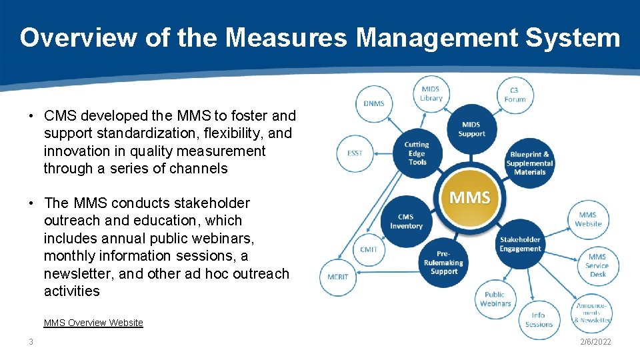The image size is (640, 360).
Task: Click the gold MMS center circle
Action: [470, 198]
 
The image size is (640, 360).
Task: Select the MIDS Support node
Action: [471, 129]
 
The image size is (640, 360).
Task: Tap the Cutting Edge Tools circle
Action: [417, 153]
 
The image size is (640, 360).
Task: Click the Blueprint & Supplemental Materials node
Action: [529, 163]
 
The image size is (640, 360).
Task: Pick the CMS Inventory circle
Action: [406, 221]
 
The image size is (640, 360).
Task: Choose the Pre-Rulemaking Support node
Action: [444, 262]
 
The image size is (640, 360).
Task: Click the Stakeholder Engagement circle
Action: [520, 244]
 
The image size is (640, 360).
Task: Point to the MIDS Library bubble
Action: [431, 94]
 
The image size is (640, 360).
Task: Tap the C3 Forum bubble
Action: [515, 95]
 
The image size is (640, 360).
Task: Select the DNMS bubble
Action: [373, 103]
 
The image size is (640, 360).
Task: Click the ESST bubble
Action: [355, 153]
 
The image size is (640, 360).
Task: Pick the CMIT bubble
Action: [369, 249]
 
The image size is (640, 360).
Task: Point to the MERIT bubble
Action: [338, 277]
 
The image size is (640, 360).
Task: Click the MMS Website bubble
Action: [588, 219]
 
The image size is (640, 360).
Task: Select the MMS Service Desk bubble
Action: [597, 265]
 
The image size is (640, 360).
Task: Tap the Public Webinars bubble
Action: [495, 299]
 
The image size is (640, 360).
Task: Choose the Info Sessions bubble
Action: [539, 319]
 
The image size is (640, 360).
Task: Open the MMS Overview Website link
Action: [93, 323]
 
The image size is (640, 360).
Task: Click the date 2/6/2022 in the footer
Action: [595, 342]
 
